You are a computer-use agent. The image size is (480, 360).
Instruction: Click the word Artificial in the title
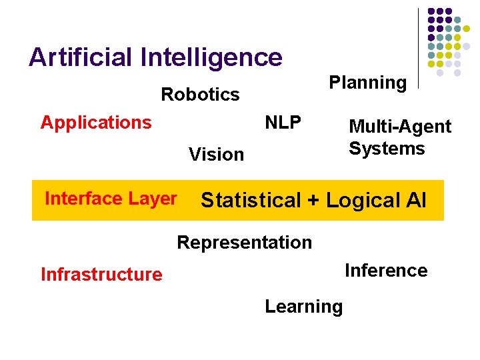pyautogui.click(x=81, y=57)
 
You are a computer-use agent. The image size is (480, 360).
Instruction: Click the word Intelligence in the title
pyautogui.click(x=212, y=59)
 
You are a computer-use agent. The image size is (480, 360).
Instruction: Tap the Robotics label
pyautogui.click(x=200, y=95)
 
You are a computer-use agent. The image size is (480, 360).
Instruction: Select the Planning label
pyautogui.click(x=368, y=83)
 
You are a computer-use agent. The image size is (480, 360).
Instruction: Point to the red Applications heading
pyautogui.click(x=96, y=123)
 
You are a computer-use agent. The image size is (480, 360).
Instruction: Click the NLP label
pyautogui.click(x=283, y=123)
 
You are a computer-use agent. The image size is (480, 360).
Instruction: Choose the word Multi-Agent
pyautogui.click(x=400, y=127)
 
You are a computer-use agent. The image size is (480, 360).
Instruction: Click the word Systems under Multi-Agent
pyautogui.click(x=387, y=148)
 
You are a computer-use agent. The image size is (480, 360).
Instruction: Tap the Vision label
pyautogui.click(x=216, y=155)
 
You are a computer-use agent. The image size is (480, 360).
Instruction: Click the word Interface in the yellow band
pyautogui.click(x=82, y=199)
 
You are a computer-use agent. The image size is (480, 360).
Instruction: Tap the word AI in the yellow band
pyautogui.click(x=413, y=200)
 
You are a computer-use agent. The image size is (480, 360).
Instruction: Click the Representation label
pyautogui.click(x=244, y=243)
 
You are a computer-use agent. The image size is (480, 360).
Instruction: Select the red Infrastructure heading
pyautogui.click(x=101, y=275)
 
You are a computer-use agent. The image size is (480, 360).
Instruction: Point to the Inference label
pyautogui.click(x=386, y=271)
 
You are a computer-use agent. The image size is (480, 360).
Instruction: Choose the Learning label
pyautogui.click(x=303, y=307)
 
